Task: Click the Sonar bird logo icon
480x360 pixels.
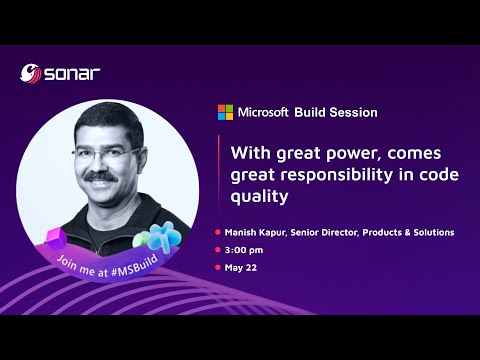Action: tap(31, 73)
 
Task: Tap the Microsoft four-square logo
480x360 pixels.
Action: tap(226, 112)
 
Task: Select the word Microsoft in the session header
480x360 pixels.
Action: tap(263, 112)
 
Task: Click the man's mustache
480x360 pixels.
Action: tap(100, 177)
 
